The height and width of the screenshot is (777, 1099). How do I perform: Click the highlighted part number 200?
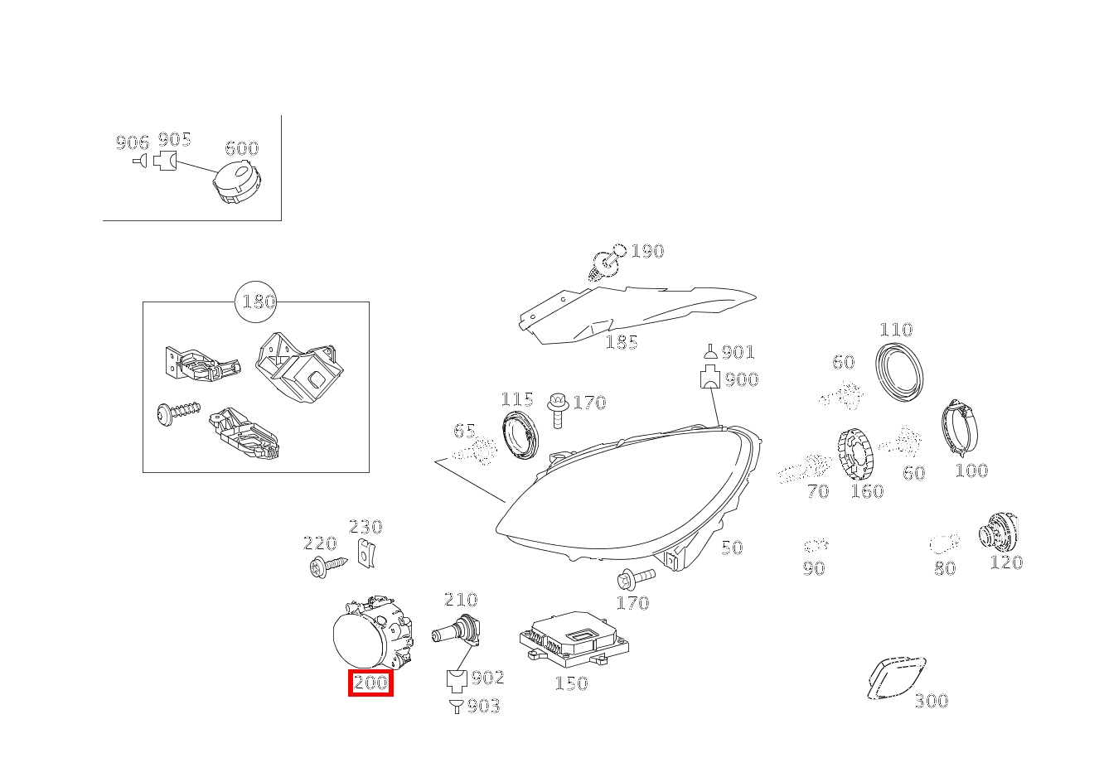[x=370, y=683]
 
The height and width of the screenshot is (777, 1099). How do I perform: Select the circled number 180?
[x=255, y=302]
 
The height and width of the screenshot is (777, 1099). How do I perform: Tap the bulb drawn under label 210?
[x=456, y=630]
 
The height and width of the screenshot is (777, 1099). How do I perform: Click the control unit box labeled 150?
[x=574, y=639]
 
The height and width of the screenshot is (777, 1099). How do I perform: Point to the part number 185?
[x=622, y=342]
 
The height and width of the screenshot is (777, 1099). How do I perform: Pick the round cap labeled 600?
[x=236, y=181]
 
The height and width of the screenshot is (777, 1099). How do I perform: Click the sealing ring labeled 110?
[x=899, y=372]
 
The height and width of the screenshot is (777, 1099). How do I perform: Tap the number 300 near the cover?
[x=932, y=701]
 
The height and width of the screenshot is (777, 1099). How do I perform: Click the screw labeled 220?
[x=329, y=567]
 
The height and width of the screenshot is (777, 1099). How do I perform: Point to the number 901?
[x=738, y=352]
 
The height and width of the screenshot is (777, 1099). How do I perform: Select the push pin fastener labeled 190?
[x=607, y=263]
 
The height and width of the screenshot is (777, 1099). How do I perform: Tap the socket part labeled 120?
[x=999, y=532]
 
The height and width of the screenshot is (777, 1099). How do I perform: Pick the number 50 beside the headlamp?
[x=732, y=548]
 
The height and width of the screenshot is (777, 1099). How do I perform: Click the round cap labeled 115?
[x=520, y=436]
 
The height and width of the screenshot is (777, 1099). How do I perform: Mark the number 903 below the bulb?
[x=483, y=706]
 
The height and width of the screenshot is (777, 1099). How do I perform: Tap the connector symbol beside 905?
[x=165, y=161]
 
